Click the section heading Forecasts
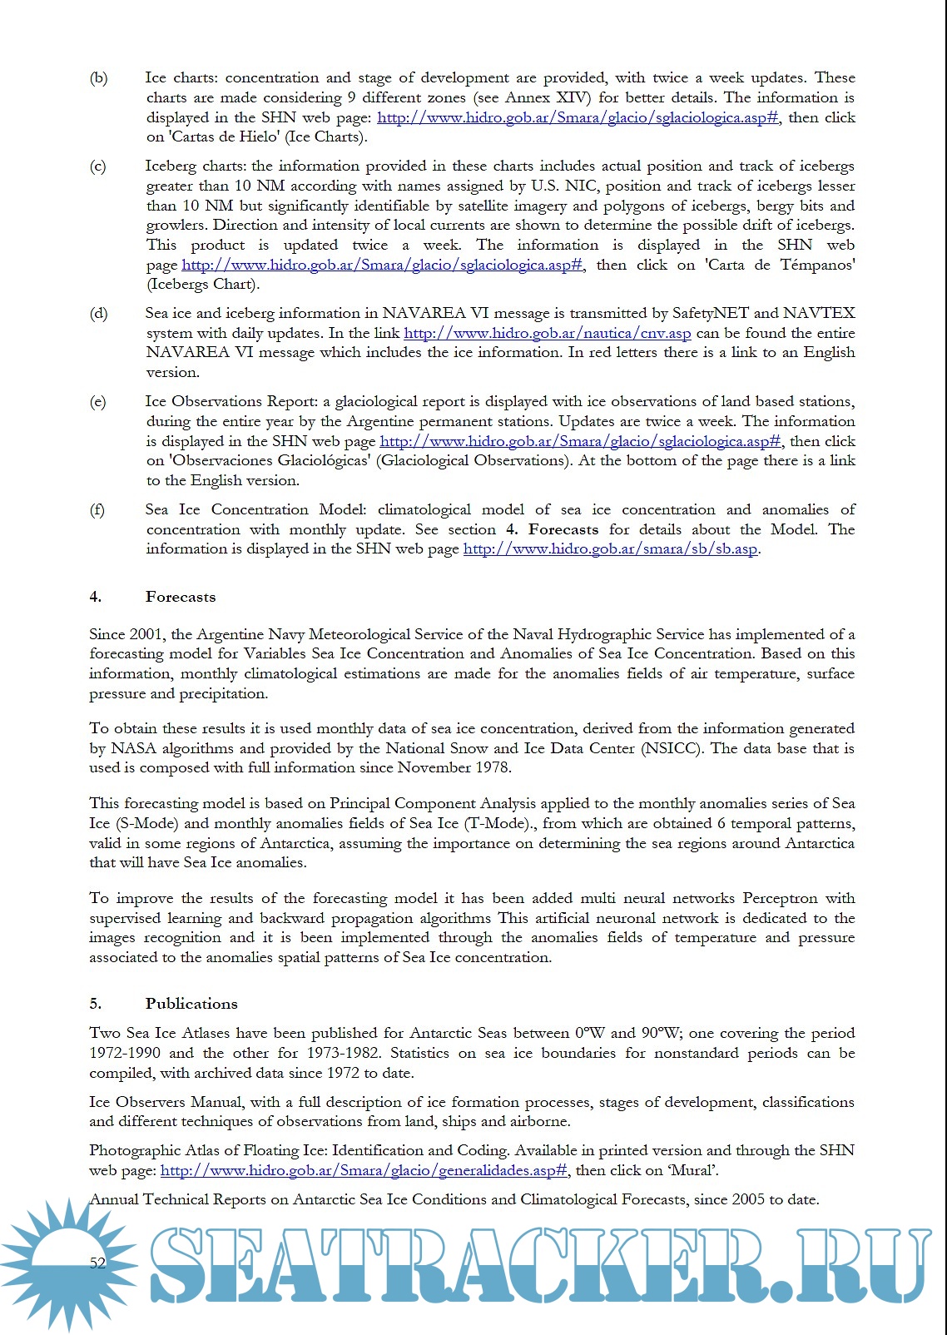180,597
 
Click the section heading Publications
191,1004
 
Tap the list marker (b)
98,78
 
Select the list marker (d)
98,314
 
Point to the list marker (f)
97,510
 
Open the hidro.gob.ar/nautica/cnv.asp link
547,334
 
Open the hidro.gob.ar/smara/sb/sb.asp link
610,549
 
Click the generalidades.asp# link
364,1171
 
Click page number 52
97,1263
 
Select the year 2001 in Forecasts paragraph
146,634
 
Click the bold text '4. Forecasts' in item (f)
552,530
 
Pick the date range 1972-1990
125,1053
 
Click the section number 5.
95,1004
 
